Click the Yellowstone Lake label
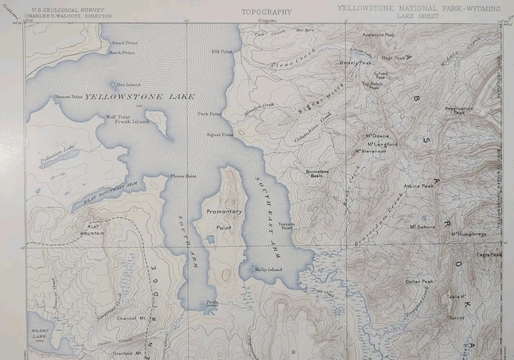click(x=139, y=97)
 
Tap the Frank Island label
click(x=132, y=121)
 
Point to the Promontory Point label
click(x=224, y=219)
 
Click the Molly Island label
click(x=268, y=270)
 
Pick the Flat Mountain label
click(x=92, y=229)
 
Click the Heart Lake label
click(x=39, y=334)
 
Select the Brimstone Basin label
click(x=317, y=173)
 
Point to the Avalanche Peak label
click(x=378, y=35)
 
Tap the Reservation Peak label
click(x=459, y=111)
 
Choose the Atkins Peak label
click(x=419, y=186)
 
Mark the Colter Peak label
click(x=419, y=281)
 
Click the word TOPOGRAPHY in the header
click(x=267, y=12)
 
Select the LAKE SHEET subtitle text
click(x=418, y=17)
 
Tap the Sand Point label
click(x=124, y=43)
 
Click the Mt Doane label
click(x=377, y=136)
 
